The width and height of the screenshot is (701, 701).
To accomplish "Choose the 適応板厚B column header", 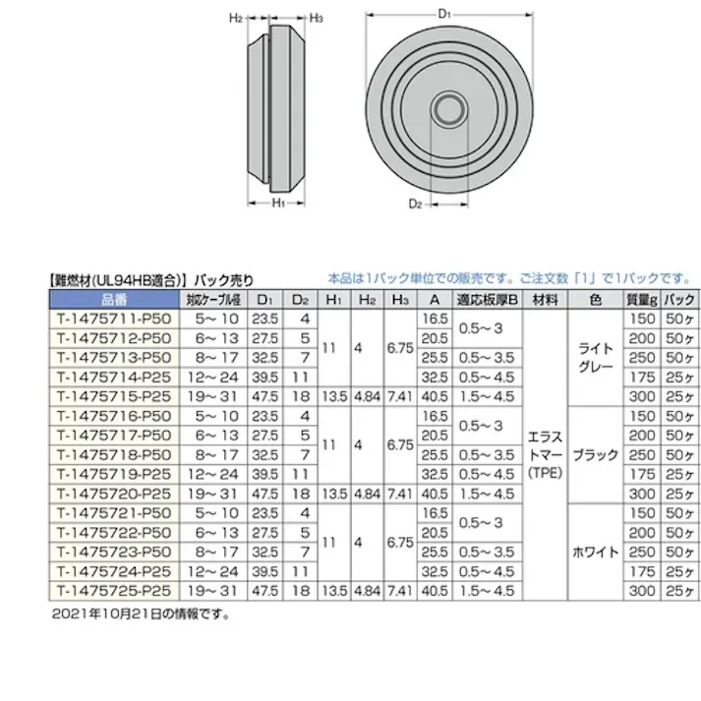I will click(487, 300).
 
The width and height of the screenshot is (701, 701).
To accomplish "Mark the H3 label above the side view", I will click(318, 18).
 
